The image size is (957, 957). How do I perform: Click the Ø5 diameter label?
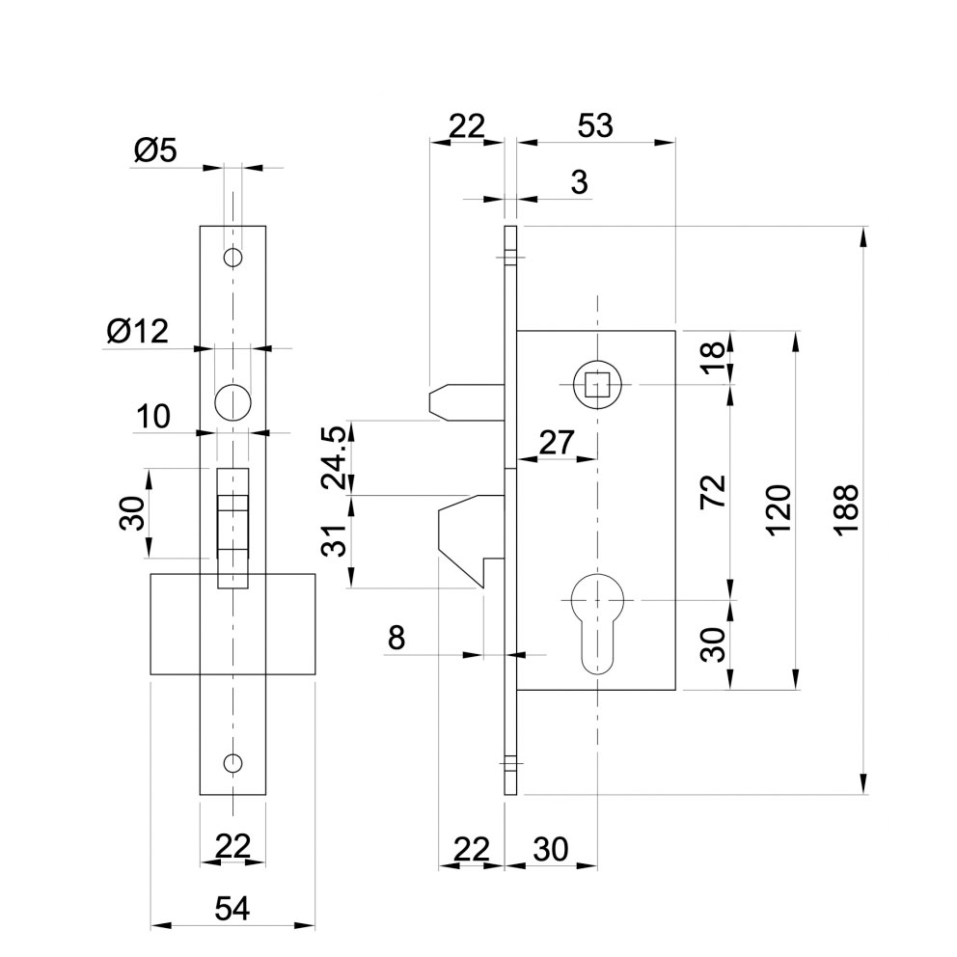(155, 150)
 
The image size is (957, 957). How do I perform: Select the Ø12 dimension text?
(137, 332)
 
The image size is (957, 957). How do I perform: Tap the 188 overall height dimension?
(847, 509)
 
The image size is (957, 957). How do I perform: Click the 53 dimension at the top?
(594, 126)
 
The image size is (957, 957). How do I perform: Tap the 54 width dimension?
(232, 908)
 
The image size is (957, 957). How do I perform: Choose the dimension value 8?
(396, 638)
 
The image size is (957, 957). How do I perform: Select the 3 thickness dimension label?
(579, 183)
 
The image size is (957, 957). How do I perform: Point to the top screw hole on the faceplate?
(232, 258)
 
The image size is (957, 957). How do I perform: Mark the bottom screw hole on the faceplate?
(232, 763)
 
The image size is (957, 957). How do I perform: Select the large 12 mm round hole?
(232, 400)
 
